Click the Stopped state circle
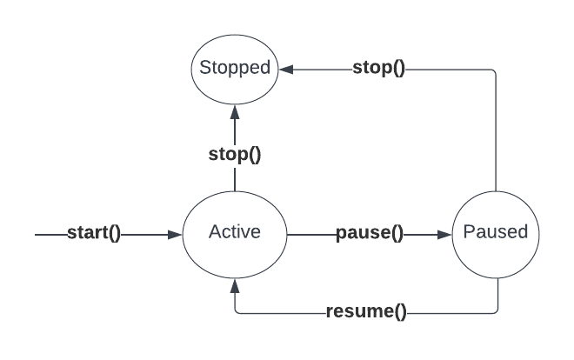point(234,67)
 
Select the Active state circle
point(234,233)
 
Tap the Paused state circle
point(496,233)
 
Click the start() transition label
point(94,234)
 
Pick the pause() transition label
point(370,234)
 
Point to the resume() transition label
point(365,311)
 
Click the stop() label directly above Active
point(235,156)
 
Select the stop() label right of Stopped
point(378,68)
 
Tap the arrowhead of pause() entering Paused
point(444,234)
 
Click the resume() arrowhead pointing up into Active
point(234,284)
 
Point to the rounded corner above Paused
point(493,70)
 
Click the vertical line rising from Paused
point(496,130)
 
